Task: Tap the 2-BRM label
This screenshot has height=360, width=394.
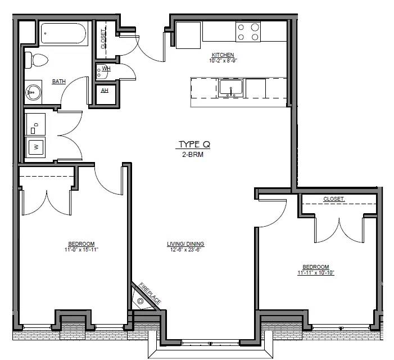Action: tap(193, 154)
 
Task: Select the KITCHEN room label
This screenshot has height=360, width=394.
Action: tap(223, 55)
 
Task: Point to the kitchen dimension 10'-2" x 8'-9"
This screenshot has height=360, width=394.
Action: tap(223, 61)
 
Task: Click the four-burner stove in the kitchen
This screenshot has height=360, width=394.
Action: tap(248, 31)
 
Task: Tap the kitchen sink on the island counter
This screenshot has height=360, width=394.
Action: tap(230, 88)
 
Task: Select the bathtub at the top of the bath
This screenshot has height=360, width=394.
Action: tap(64, 33)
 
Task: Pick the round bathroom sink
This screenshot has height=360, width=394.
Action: tap(33, 92)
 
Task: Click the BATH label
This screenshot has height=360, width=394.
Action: tap(59, 82)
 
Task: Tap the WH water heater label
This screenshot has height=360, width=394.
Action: tap(106, 69)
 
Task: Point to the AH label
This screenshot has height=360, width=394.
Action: tap(105, 90)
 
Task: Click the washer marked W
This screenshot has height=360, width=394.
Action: tap(35, 147)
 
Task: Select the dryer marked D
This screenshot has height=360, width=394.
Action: tap(35, 124)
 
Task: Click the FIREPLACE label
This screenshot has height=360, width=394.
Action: tap(150, 294)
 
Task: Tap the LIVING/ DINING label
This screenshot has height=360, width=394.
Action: tap(185, 244)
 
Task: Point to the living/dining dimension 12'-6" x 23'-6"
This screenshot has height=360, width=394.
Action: tap(185, 250)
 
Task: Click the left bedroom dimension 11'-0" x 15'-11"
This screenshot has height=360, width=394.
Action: tap(81, 250)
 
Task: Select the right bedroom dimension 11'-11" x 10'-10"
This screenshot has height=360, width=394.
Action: tap(316, 273)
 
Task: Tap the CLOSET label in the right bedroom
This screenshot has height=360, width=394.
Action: tap(334, 199)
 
